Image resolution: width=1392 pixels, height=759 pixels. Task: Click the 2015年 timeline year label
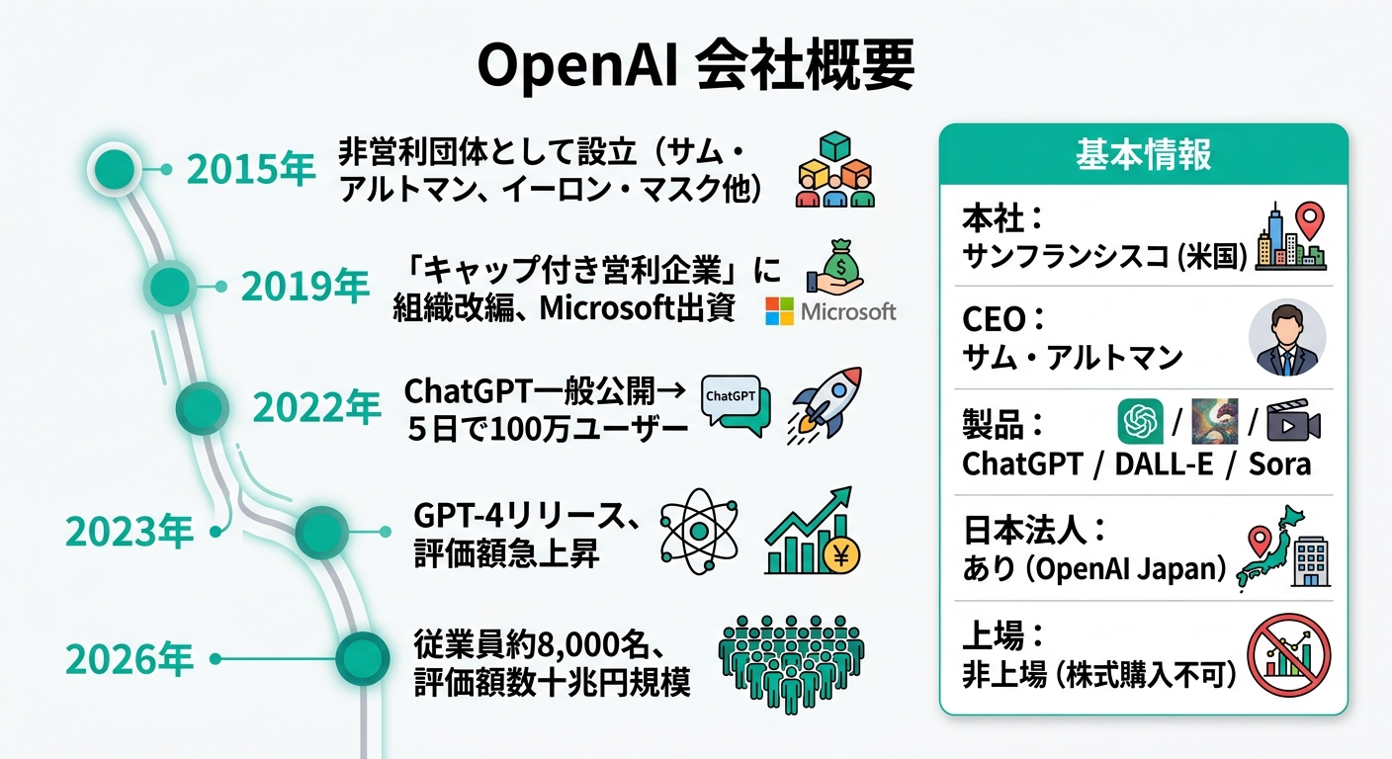251,170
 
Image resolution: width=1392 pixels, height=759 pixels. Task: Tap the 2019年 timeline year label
304,287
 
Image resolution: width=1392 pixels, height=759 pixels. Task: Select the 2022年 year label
316,406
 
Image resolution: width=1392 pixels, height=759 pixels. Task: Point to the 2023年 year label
129,533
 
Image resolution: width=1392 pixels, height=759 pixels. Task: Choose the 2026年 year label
130,659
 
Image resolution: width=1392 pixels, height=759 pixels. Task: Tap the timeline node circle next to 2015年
115,168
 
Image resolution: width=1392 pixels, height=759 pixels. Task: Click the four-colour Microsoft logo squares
779,312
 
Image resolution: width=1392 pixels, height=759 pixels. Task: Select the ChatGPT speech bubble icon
734,403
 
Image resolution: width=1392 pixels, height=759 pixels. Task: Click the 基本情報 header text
1143,155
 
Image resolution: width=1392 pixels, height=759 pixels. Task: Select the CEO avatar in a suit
1287,338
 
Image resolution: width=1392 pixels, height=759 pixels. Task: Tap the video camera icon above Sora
1293,422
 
